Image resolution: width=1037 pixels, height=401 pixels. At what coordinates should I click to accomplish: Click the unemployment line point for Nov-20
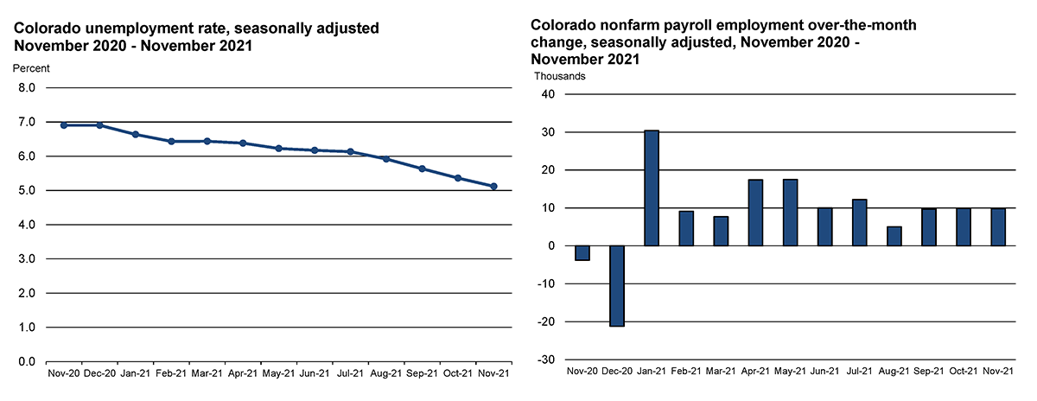(64, 125)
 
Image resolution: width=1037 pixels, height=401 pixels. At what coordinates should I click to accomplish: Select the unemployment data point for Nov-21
(493, 187)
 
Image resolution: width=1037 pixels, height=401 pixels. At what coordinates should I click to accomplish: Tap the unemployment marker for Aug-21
(386, 159)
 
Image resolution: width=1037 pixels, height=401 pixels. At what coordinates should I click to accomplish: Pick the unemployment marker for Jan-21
(136, 135)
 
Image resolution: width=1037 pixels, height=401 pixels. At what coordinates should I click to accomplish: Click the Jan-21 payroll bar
(652, 188)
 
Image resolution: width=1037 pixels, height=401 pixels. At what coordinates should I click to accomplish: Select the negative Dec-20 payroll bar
(617, 286)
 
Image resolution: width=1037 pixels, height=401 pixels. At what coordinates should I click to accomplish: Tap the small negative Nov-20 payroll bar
(582, 253)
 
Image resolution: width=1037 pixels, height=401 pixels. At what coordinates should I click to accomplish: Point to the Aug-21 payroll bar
(894, 237)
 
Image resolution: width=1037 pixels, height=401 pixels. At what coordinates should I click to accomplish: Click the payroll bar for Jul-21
(859, 223)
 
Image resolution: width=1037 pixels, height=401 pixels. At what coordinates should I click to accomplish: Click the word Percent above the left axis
(32, 68)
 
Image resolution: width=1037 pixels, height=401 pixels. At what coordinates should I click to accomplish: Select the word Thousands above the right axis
(559, 76)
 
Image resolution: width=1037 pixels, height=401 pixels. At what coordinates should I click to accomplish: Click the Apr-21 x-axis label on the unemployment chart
(243, 374)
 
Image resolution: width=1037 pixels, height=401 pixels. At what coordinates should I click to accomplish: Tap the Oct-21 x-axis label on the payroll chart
(963, 372)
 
